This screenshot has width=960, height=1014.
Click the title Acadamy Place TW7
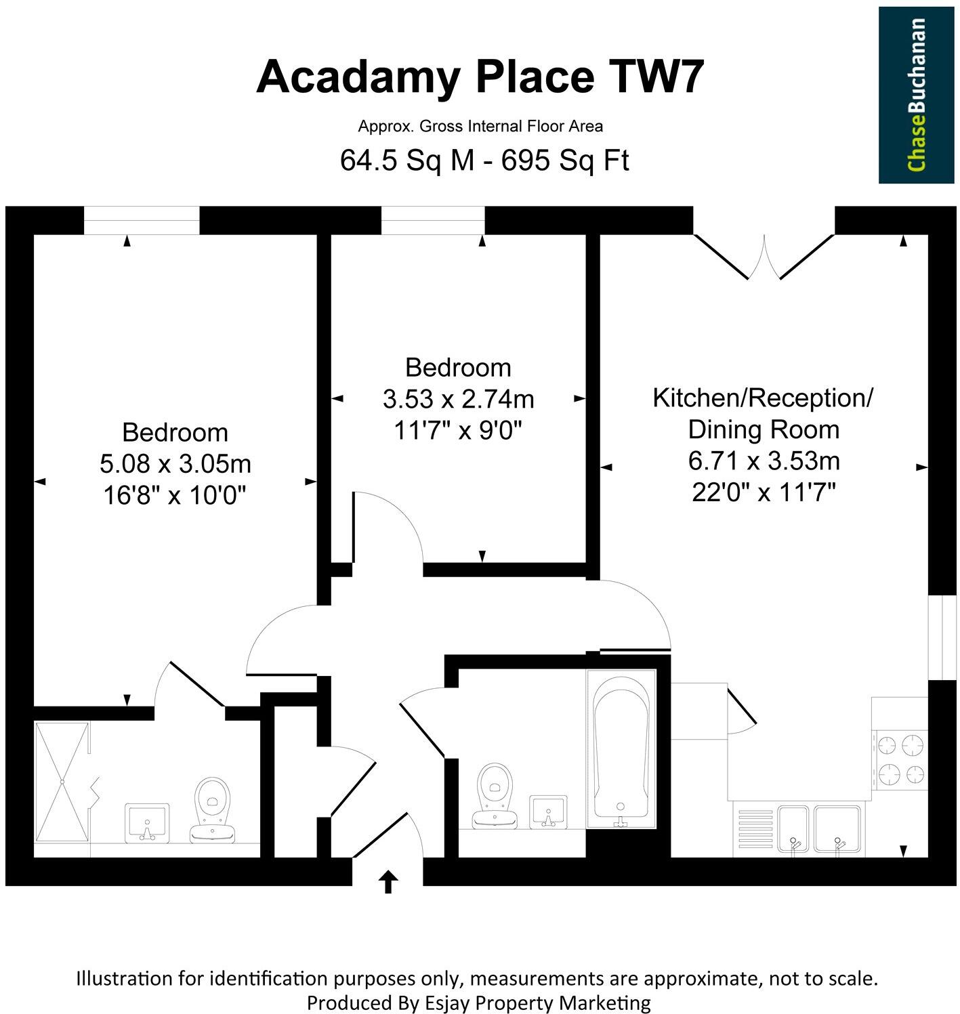(480, 77)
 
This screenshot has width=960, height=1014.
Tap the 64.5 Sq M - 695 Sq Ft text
(484, 161)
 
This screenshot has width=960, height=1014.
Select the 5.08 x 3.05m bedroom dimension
(175, 464)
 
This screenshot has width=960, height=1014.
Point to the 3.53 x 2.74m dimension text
(458, 399)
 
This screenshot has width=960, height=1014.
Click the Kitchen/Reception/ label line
(763, 398)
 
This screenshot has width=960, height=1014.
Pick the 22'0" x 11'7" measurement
(764, 492)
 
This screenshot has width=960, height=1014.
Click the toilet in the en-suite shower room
(212, 809)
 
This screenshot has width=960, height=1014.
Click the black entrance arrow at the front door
(388, 882)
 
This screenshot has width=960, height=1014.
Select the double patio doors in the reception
(764, 257)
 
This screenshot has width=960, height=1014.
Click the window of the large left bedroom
(142, 221)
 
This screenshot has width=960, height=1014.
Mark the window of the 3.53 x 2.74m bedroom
(433, 221)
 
